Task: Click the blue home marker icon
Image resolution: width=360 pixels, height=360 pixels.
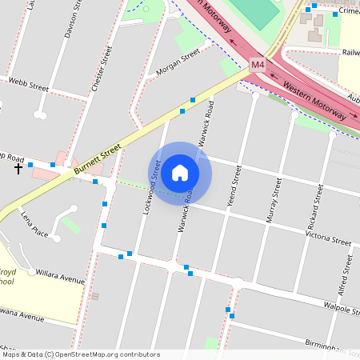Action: tap(180, 173)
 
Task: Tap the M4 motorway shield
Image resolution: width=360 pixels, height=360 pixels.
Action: tap(257, 64)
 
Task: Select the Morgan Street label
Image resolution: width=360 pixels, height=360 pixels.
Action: tap(178, 63)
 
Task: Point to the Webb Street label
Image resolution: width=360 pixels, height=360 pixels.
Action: tap(29, 83)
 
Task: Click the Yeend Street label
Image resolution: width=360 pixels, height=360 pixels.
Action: tap(233, 187)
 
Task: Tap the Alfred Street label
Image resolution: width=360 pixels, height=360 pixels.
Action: tap(345, 277)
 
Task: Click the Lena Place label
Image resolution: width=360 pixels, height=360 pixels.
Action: tap(34, 226)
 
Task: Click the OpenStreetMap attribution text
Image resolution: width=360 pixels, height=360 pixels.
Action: tap(80, 354)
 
